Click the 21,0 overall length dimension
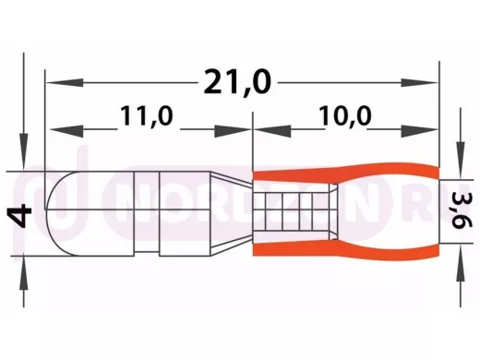pos(237,82)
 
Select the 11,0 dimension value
pos(147,116)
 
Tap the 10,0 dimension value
pos(345,116)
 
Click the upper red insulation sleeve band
pos(345,173)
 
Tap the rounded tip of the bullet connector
pos(58,213)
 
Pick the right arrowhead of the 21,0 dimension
pos(419,82)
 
